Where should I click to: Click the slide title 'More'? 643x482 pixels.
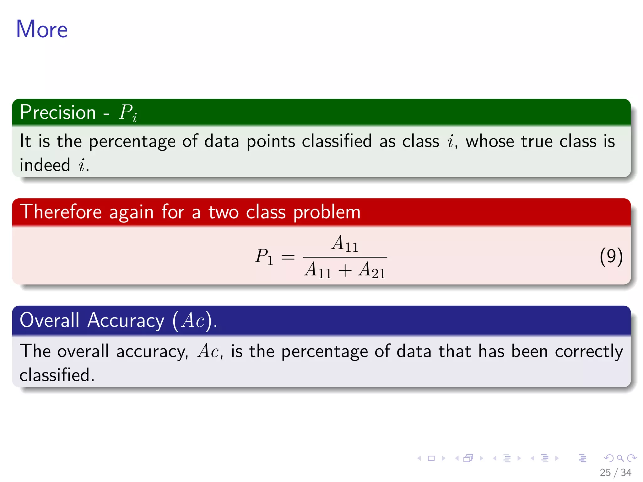coord(42,29)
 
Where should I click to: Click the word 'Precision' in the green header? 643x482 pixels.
coord(58,112)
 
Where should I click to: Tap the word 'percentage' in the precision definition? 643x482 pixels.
coord(132,142)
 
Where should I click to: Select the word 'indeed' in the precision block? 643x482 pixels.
coord(45,165)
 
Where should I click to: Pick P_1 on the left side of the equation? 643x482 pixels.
coord(264,257)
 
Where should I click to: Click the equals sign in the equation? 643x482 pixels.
coord(288,257)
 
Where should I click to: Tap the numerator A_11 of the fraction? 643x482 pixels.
coord(345,244)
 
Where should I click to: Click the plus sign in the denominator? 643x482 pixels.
coord(345,270)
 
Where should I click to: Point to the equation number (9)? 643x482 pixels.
coord(611,257)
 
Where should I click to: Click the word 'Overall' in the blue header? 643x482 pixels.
coord(50,320)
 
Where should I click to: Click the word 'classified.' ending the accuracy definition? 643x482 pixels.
coord(57,375)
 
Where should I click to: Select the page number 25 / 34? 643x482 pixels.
coord(615,473)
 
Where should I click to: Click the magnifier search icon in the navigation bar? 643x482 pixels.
coord(620,458)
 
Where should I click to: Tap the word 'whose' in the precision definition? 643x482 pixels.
coord(490,142)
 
